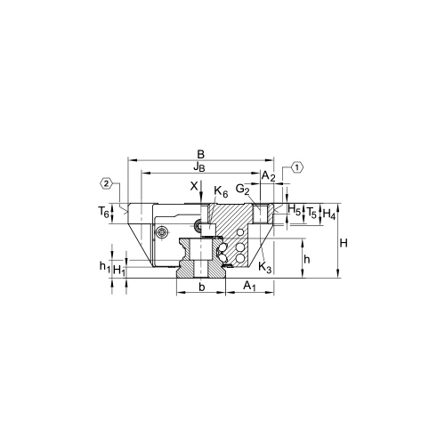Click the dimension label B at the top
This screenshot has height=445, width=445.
[201, 154]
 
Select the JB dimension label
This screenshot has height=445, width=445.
[199, 167]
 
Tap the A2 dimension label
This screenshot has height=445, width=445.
[269, 176]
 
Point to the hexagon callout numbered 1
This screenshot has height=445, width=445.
[297, 167]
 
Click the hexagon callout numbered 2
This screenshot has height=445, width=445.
[107, 183]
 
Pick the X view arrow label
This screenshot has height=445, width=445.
[194, 186]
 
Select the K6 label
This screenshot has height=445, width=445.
[221, 191]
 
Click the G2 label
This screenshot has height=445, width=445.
[242, 189]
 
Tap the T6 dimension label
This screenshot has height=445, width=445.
[104, 213]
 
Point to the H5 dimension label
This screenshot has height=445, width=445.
[295, 210]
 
